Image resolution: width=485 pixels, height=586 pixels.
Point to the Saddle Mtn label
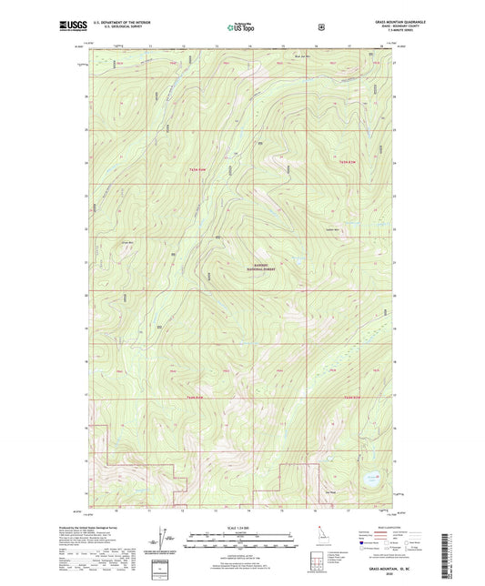coord(333,229)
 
